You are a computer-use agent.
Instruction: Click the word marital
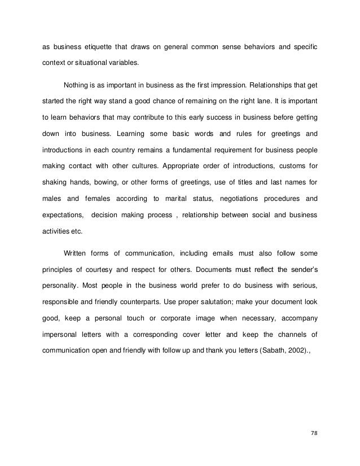(x=178, y=199)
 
